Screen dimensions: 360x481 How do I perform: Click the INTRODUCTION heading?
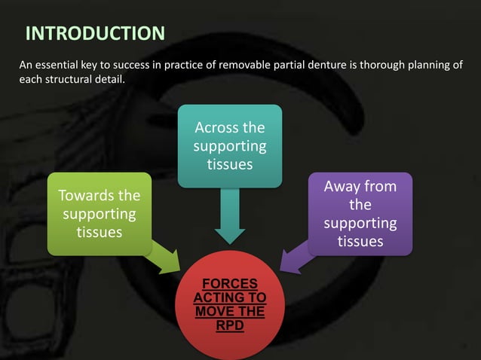[x=95, y=33]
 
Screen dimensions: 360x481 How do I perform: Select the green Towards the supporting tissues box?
[x=99, y=213]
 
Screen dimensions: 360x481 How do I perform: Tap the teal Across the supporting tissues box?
[x=230, y=145]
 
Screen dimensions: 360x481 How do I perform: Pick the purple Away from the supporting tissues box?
[x=360, y=213]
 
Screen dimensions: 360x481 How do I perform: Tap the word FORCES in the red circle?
[x=230, y=284]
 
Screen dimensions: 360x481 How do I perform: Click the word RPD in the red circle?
[x=230, y=325]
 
